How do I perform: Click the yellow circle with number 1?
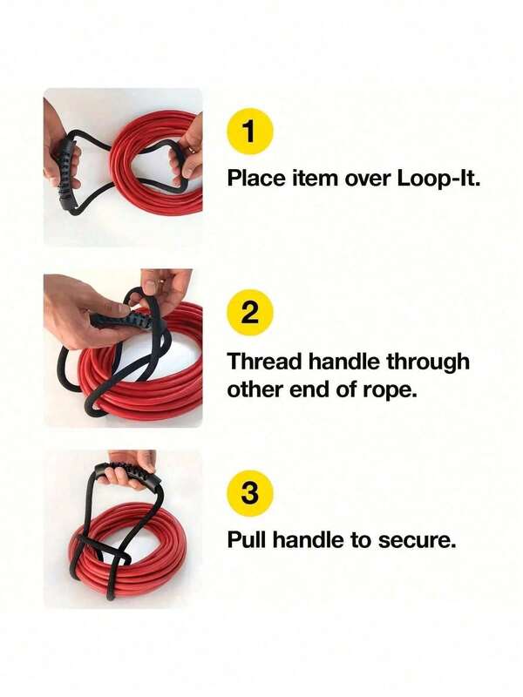click(250, 133)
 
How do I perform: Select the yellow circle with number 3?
click(250, 494)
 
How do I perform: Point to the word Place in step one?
click(256, 179)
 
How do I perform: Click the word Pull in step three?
click(247, 540)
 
